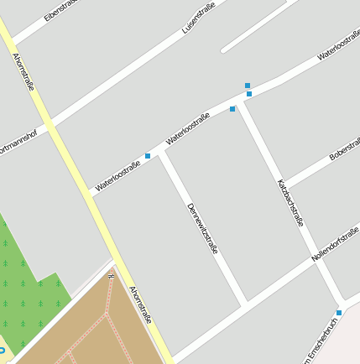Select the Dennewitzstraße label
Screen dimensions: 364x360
pos(202,227)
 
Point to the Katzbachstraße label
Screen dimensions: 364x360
pos(290,203)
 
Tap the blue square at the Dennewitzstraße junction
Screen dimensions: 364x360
pos(148,156)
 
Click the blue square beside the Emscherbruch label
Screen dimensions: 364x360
pos(339,313)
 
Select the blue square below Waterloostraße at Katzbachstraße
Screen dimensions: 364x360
pos(232,109)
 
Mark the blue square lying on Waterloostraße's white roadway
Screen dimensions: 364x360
pos(249,94)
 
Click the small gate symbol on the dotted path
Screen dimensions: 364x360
pos(111,274)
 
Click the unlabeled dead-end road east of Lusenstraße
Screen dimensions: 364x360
pos(256,26)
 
